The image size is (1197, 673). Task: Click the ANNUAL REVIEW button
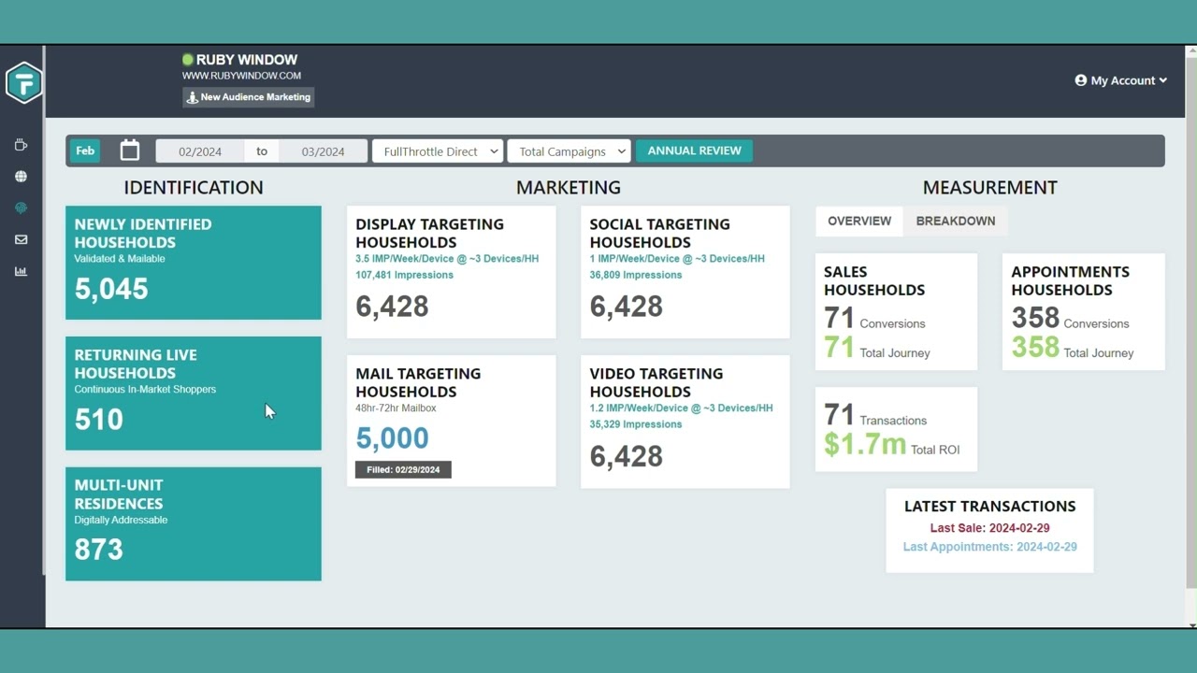(694, 150)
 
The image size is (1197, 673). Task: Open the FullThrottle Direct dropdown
(438, 151)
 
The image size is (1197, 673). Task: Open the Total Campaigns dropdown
(569, 151)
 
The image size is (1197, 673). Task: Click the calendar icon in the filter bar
(130, 150)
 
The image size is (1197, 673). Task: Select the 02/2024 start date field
(200, 151)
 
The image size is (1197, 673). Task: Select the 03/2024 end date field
(323, 151)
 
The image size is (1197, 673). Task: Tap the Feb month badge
(85, 150)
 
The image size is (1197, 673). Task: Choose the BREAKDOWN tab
(955, 221)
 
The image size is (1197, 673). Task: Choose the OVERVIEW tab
(858, 221)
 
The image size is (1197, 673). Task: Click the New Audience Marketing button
(249, 97)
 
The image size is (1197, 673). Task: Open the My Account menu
(1120, 80)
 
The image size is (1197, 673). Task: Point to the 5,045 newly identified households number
(111, 289)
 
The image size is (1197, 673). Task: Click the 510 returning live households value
(99, 419)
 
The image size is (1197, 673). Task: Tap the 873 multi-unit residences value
(99, 549)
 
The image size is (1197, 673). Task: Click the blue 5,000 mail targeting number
(392, 437)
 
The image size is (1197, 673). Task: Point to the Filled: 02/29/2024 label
(403, 469)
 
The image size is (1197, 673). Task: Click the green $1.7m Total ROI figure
(865, 444)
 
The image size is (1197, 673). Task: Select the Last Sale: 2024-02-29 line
(989, 528)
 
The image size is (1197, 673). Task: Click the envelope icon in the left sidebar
(21, 240)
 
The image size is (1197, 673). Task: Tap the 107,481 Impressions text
(404, 275)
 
